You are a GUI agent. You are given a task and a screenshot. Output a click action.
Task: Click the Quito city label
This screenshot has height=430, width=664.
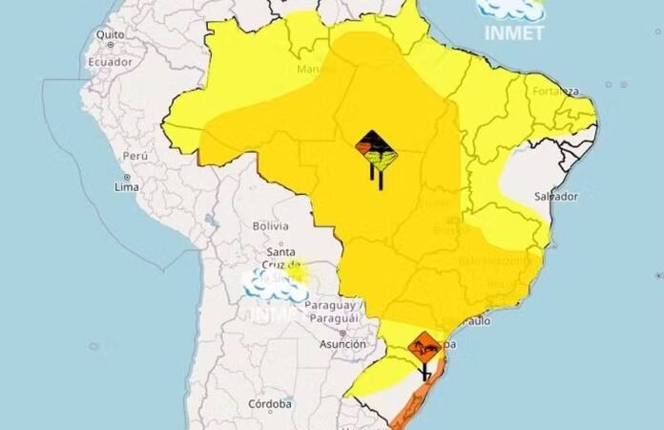pos(111,34)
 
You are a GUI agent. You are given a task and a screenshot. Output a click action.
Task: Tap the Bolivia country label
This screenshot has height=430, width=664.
pos(269,226)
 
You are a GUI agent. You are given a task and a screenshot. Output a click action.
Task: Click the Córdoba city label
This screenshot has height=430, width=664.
pos(269,404)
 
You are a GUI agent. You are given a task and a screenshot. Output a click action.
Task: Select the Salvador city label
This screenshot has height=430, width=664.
pos(556,196)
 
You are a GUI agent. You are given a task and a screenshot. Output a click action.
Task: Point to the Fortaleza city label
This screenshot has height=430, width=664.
pos(555,92)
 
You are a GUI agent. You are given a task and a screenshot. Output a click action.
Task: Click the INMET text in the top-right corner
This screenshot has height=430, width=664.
pos(515,32)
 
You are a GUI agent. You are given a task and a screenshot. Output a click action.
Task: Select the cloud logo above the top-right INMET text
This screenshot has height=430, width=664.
pos(512,9)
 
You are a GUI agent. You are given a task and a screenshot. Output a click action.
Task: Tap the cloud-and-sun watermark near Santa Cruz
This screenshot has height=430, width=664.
pos(277,283)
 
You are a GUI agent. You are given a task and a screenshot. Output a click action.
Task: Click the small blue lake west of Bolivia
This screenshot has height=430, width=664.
pos(211,220)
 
